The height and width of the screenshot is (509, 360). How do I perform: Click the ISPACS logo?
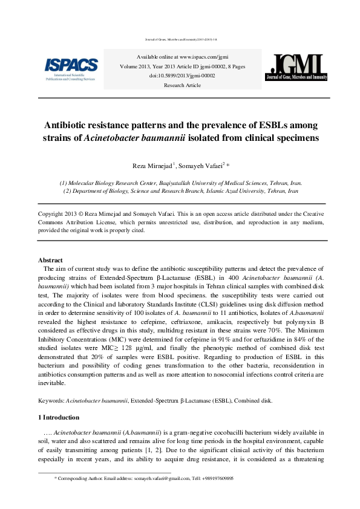pos(71,68)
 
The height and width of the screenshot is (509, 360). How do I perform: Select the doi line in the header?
pos(172,75)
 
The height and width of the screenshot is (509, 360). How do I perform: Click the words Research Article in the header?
pos(172,85)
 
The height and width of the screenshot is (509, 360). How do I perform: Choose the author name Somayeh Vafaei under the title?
pos(202,166)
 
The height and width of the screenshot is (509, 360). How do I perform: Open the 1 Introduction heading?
pos(59,417)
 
